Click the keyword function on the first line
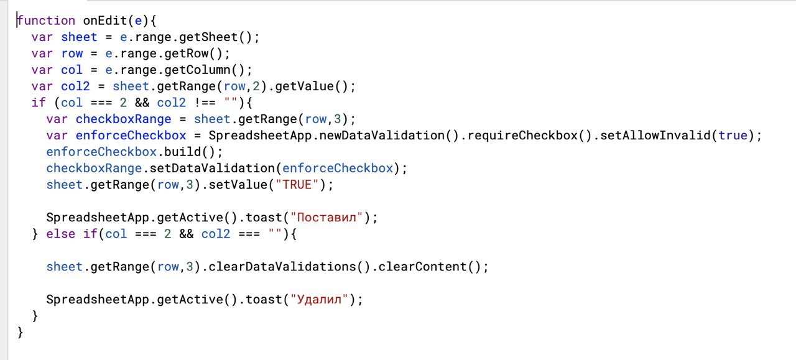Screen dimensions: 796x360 (46, 21)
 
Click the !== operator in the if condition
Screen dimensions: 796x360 (205, 103)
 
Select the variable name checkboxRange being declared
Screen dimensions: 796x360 (123, 119)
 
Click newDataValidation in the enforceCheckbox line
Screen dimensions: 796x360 (382, 136)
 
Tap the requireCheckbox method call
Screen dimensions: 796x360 (522, 136)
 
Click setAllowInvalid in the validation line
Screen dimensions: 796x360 (655, 136)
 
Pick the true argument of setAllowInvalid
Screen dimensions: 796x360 (733, 136)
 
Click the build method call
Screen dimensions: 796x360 (182, 152)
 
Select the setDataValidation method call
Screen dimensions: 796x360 (212, 168)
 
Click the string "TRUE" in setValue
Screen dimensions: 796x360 (297, 185)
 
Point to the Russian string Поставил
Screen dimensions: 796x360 (326, 218)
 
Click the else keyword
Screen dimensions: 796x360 (61, 234)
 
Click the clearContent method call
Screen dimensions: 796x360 (422, 267)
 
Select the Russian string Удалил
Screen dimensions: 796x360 (319, 300)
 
